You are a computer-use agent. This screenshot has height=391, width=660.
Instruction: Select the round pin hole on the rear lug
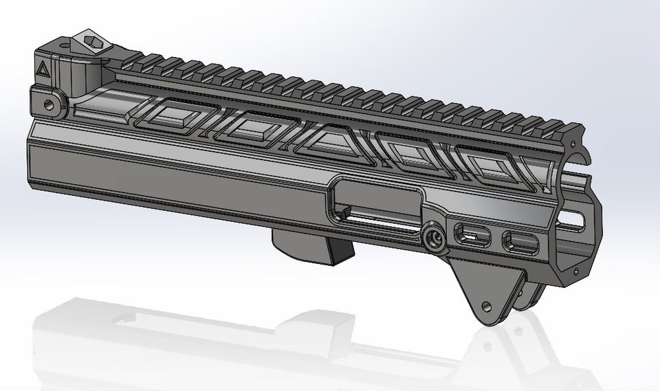48,104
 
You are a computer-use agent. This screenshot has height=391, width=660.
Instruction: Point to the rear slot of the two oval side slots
470,234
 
